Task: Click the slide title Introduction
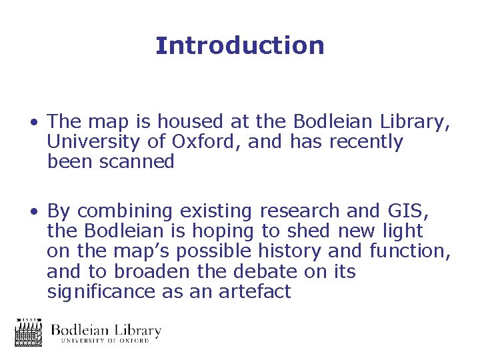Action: point(240,45)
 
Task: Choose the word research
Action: point(300,211)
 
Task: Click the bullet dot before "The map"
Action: point(33,123)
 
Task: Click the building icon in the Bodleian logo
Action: point(29,332)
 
